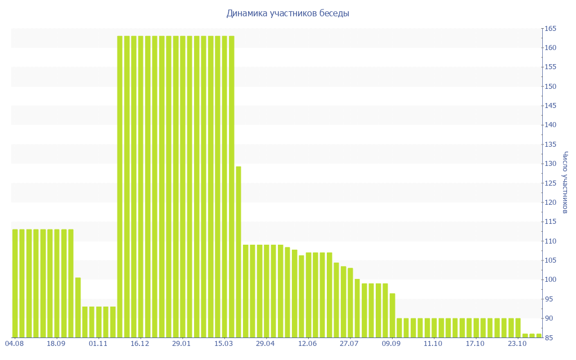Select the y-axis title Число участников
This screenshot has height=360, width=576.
pyautogui.click(x=566, y=182)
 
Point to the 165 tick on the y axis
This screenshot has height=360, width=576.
pyautogui.click(x=550, y=29)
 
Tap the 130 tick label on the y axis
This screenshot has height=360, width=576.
pyautogui.click(x=550, y=164)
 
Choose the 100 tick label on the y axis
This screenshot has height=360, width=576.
pyautogui.click(x=550, y=280)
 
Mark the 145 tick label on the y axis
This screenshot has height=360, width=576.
pyautogui.click(x=550, y=106)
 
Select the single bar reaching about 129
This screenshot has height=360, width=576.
pyautogui.click(x=238, y=251)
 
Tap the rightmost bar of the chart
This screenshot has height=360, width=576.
pyautogui.click(x=539, y=335)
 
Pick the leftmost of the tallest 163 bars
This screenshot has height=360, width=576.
pyautogui.click(x=120, y=186)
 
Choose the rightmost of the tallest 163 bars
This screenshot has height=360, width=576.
pyautogui.click(x=231, y=186)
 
